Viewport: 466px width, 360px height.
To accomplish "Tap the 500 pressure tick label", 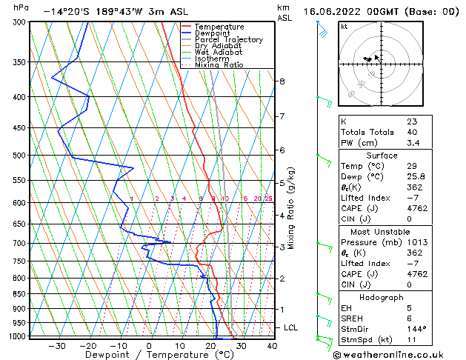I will click(19, 156).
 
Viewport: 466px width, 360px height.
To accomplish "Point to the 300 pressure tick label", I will click(19, 22).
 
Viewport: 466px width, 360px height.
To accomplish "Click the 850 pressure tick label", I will click(19, 294).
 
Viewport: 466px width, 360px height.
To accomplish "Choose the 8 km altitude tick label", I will click(282, 81).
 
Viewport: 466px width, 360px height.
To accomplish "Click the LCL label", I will click(291, 327).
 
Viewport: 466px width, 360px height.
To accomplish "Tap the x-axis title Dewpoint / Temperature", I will click(150, 355).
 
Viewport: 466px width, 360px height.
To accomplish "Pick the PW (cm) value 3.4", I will click(412, 143).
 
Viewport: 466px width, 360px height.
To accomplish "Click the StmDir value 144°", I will click(416, 329).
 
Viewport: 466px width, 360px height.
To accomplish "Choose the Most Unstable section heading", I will click(382, 231).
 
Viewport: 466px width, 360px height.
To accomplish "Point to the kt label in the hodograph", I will click(344, 27).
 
